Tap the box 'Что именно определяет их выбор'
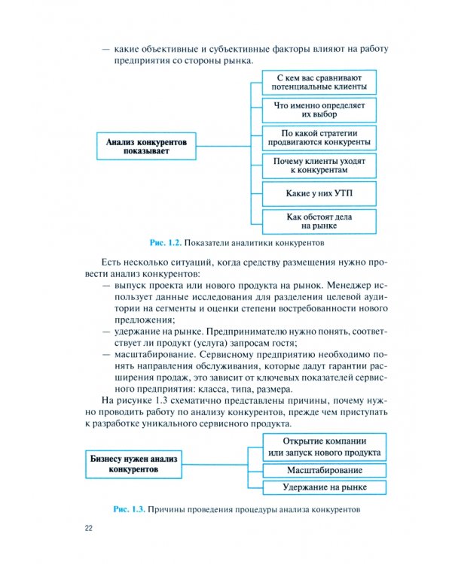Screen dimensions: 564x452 tap(319, 110)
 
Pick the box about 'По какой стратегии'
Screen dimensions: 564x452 tap(319, 138)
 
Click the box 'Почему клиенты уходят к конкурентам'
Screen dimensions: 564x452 tap(319, 165)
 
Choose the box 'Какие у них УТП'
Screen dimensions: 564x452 tap(319, 193)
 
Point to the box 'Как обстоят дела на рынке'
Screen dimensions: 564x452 tap(319, 220)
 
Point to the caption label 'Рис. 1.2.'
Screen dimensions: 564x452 tap(166, 244)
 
